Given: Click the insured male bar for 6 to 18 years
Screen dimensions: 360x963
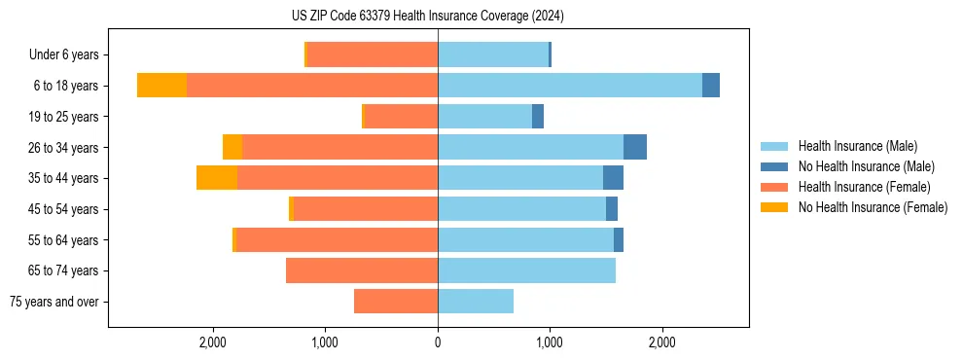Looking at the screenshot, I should point(570,86).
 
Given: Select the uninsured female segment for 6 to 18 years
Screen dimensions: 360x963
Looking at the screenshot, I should point(161,86).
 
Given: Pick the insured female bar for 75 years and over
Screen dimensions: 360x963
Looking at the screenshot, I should point(396,302).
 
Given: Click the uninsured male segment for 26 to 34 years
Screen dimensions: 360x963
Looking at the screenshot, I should point(635,147).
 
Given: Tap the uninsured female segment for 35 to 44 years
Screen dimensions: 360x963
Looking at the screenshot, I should point(217,178).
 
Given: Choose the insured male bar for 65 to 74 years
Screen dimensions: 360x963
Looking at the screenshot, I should point(526,270).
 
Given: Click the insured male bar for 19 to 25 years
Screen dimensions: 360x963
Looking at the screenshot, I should point(484,117).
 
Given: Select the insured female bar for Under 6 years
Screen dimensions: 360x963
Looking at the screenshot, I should point(373,54).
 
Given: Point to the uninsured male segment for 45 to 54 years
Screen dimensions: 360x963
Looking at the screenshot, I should point(612,209).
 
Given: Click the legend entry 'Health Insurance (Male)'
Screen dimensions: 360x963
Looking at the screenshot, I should point(857,146).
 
